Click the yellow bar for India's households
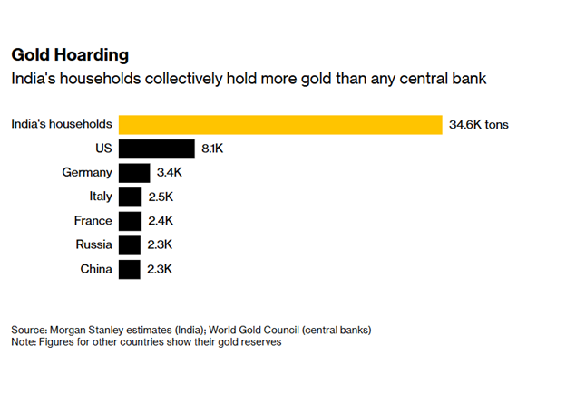pos(279,124)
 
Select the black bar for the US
pos(156,149)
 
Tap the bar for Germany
pos(134,172)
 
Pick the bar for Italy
pos(131,196)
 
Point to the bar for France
pos(131,221)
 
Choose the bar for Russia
pos(130,244)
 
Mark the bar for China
pos(130,269)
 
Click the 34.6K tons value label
pos(479,124)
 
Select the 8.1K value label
pos(213,149)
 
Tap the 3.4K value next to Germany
pos(171,172)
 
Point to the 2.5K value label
pos(161,196)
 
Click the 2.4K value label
pos(161,221)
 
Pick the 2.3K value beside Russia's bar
pos(160,244)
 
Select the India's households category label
pos(62,124)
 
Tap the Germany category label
pos(89,172)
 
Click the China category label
pos(95,269)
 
